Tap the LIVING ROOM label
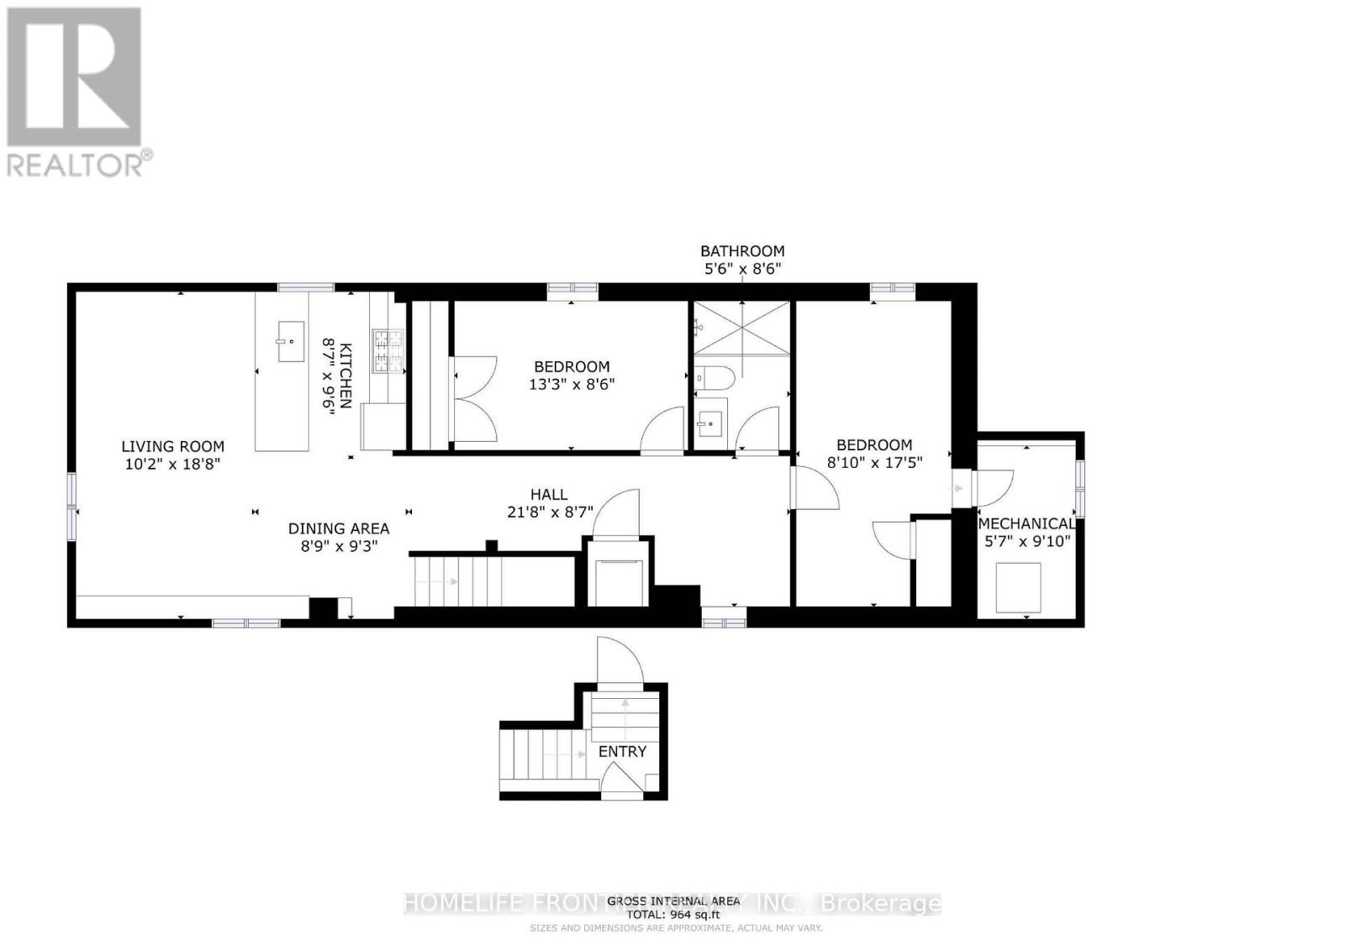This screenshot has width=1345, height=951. pyautogui.click(x=172, y=447)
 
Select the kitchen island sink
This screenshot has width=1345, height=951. pyautogui.click(x=291, y=343)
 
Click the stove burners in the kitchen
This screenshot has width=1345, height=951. pyautogui.click(x=388, y=351)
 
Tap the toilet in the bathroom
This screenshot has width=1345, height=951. pyautogui.click(x=715, y=376)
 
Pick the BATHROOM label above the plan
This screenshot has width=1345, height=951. pyautogui.click(x=742, y=250)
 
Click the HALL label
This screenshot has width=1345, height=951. pyautogui.click(x=548, y=495)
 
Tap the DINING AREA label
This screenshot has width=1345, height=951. pyautogui.click(x=339, y=528)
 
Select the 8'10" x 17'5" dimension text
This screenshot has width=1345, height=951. pyautogui.click(x=874, y=462)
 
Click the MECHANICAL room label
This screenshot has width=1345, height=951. pyautogui.click(x=1026, y=523)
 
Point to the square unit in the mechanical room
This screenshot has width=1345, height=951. pyautogui.click(x=1018, y=588)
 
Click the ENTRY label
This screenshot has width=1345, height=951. pyautogui.click(x=622, y=752)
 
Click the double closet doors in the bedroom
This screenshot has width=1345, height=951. pyautogui.click(x=473, y=399)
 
